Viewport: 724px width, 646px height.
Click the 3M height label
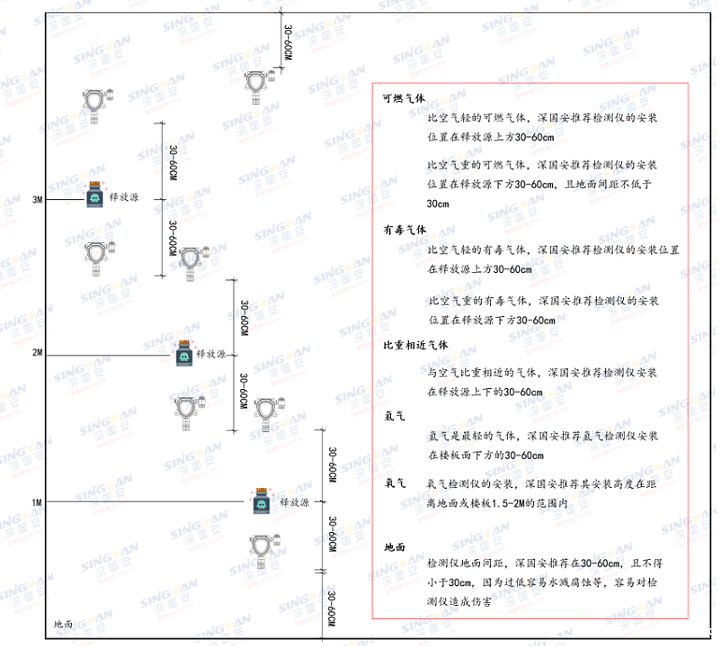click(37, 200)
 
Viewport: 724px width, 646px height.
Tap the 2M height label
click(37, 353)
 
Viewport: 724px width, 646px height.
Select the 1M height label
click(37, 503)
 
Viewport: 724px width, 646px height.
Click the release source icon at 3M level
click(95, 195)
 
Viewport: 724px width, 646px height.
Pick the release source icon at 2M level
click(184, 352)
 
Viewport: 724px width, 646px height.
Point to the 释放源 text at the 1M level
click(294, 503)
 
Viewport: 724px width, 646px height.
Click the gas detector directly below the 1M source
click(262, 551)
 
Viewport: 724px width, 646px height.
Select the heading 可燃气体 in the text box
click(404, 97)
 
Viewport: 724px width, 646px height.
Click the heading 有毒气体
click(404, 229)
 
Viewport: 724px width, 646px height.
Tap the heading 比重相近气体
click(415, 345)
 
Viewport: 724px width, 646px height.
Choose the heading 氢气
click(394, 414)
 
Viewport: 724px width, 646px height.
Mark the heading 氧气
click(394, 484)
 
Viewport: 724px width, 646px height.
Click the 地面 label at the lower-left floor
click(65, 624)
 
